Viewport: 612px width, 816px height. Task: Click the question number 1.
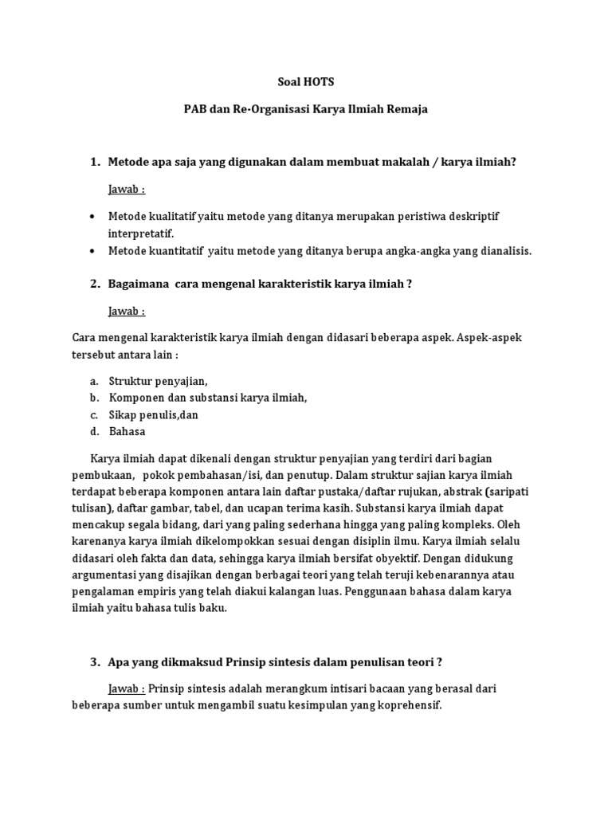tap(95, 162)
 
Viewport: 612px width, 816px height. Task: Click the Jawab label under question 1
tap(127, 189)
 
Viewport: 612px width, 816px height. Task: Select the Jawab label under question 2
tap(127, 310)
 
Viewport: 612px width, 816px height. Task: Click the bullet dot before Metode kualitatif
tap(93, 217)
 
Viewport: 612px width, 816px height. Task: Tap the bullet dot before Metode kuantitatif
tap(93, 251)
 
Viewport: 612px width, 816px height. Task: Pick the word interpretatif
tap(140, 233)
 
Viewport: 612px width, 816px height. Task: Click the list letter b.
tap(93, 398)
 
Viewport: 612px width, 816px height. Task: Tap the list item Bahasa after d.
tap(127, 431)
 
